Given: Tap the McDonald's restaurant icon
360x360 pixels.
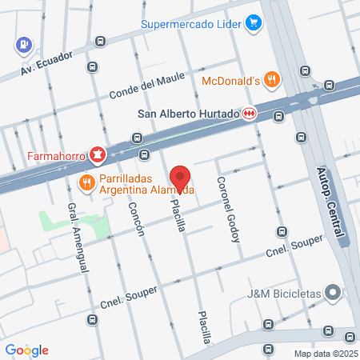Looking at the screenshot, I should [x=273, y=79].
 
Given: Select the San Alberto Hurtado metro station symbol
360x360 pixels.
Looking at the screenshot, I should [x=250, y=114].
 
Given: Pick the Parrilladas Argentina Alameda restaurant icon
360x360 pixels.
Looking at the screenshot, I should [x=86, y=183].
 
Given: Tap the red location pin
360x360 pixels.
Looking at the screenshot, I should [x=181, y=178].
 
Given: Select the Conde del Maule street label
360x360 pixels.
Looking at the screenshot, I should [x=146, y=82].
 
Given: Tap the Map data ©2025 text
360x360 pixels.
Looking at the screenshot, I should [x=325, y=354].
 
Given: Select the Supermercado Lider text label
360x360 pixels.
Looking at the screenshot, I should [x=191, y=22].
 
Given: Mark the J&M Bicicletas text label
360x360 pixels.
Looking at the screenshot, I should [x=283, y=293].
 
